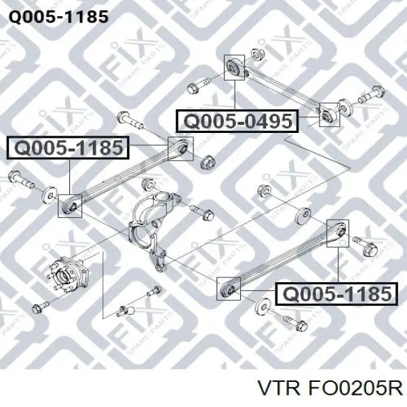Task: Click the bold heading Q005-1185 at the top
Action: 58,17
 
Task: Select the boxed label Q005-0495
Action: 237,121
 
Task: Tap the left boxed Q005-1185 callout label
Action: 68,148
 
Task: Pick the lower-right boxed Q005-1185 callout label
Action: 336,294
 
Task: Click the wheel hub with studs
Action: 68,275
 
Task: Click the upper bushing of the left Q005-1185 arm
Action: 181,149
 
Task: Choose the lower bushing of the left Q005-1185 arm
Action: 71,206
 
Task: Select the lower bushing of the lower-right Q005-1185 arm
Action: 229,289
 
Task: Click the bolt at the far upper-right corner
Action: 372,95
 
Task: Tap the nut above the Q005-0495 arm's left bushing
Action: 258,54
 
